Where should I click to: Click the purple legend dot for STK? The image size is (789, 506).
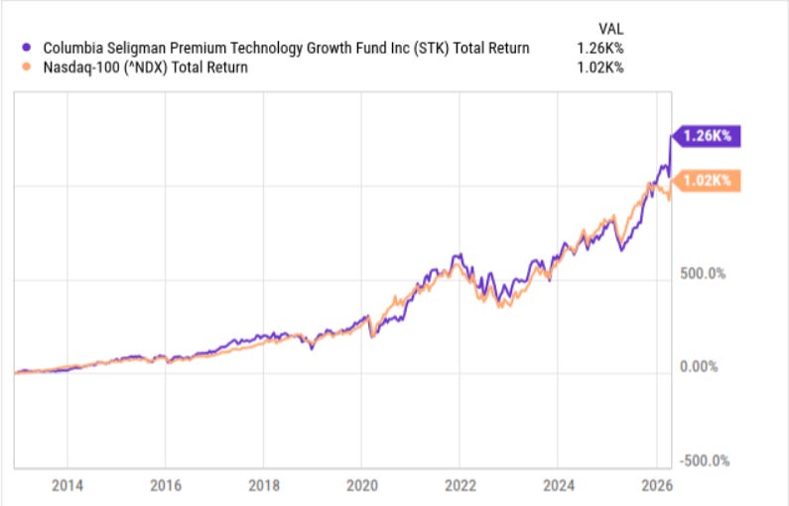click(27, 48)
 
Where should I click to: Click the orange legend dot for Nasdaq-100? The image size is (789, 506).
click(27, 67)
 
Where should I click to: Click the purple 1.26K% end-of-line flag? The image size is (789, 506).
click(707, 136)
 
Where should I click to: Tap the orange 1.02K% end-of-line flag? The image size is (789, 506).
click(707, 181)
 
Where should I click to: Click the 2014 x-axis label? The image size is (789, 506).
click(66, 486)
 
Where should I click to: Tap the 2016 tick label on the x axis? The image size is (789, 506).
click(165, 486)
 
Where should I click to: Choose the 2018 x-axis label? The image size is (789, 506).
click(263, 486)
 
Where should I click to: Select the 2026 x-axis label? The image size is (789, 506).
click(656, 486)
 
